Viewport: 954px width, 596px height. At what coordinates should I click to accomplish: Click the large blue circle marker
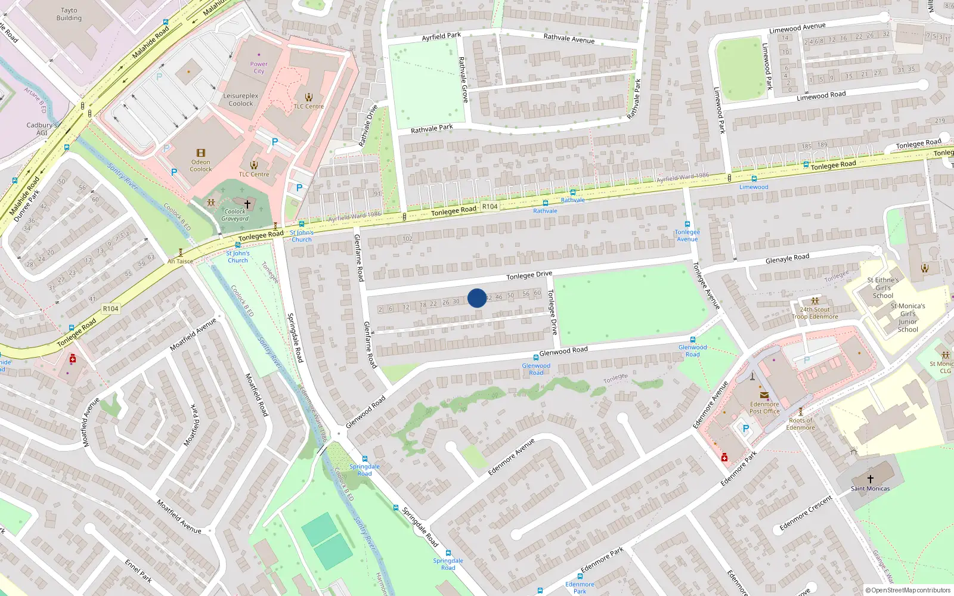pos(477,298)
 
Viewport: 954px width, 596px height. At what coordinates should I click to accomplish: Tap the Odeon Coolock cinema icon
pos(201,153)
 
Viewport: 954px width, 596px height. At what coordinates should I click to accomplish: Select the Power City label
pos(259,67)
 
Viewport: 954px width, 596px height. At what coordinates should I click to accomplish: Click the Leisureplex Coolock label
pos(241,100)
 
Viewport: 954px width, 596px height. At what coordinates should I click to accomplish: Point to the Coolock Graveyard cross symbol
pos(247,204)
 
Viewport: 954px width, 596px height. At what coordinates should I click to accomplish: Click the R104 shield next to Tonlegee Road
pos(490,206)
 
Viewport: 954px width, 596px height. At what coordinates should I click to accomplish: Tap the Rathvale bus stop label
pos(545,211)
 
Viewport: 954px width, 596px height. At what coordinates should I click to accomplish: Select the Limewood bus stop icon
pos(754,178)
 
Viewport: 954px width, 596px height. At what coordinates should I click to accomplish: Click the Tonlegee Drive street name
pos(529,275)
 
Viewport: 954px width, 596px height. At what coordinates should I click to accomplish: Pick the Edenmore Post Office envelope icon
pos(764,395)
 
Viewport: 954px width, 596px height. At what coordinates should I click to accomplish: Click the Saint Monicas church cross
pos(870,479)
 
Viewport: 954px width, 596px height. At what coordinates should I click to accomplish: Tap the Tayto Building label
pos(69,14)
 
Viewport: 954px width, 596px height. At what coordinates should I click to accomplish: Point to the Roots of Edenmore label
pos(800,424)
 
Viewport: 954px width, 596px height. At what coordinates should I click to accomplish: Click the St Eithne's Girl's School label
pos(882,287)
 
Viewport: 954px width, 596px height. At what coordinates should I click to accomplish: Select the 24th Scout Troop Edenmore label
pos(814,313)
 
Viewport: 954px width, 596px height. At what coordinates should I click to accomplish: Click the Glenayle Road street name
pos(787,259)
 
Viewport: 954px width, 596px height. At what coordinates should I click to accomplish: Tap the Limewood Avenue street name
pos(797,28)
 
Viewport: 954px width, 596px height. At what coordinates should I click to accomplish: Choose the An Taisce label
pos(180,261)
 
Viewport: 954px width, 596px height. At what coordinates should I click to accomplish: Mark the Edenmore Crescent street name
pos(806,513)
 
